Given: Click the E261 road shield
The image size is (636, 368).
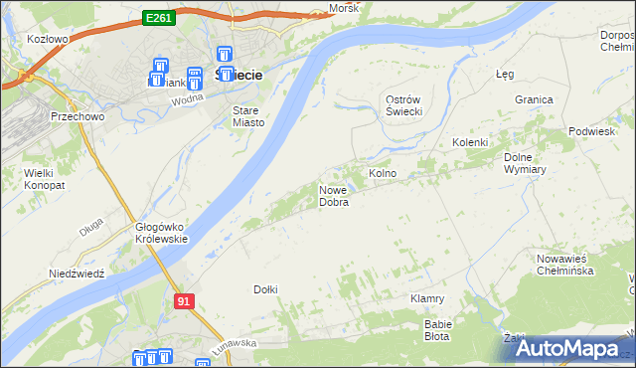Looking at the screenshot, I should click(x=158, y=17).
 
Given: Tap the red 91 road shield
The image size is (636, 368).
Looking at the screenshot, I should click(x=182, y=300).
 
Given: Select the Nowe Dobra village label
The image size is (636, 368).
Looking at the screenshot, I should click(x=334, y=196).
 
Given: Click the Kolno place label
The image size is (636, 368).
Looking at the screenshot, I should click(x=383, y=173).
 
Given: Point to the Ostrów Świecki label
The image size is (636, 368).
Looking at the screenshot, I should click(x=404, y=104).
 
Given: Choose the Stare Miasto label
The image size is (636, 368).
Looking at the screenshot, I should click(x=247, y=116).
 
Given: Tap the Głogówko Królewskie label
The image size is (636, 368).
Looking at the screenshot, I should click(x=161, y=233).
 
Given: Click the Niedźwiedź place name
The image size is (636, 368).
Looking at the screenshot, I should click(x=77, y=274).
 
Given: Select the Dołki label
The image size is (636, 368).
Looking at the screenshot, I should click(x=265, y=289).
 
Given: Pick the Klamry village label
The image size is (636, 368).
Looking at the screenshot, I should click(x=426, y=298).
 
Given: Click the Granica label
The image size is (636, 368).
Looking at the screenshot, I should click(x=534, y=99).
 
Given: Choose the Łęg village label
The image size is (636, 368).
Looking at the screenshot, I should click(x=505, y=74).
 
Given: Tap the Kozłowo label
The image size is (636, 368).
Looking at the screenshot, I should click(x=48, y=40).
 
